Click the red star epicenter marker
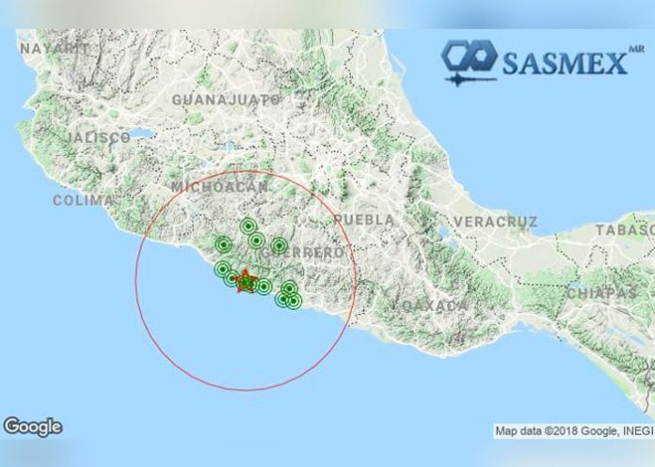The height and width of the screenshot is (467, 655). coord(245,280)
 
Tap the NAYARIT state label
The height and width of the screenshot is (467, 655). coord(53,48)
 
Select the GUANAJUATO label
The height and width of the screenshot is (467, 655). coord(226,99)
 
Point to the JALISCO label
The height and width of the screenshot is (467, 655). coord(99,137)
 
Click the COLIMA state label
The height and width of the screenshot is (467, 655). coord(83,200)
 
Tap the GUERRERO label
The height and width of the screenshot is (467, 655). coord(303,253)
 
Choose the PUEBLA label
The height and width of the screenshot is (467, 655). coord(364,219)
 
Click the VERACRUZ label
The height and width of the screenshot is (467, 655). coord(495,222)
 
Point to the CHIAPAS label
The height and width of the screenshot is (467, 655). coord(602,293)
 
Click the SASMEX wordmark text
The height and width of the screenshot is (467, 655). coord(564,63)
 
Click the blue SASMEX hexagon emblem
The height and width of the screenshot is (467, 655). coord(470,60)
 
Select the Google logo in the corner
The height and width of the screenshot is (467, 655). coord(32,427)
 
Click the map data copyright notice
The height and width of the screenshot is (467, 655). coord(571,431)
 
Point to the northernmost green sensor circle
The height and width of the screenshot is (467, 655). coord(248,226)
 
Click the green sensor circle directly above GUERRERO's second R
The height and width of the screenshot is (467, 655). coord(279,246)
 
